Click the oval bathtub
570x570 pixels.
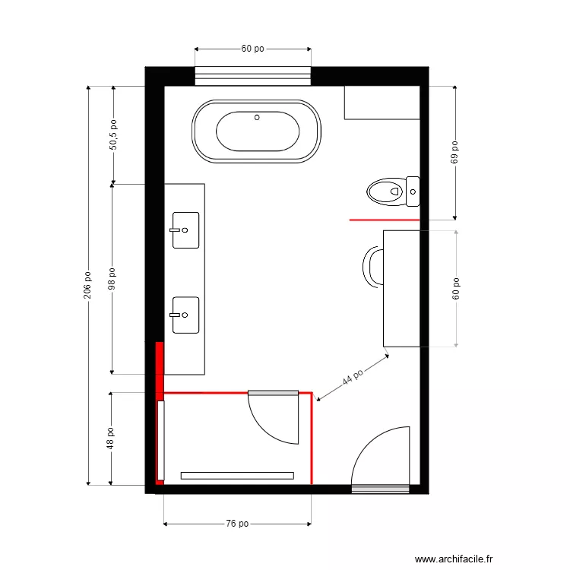[x=256, y=131]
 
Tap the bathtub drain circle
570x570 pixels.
[x=257, y=117]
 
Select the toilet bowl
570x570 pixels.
[x=385, y=192]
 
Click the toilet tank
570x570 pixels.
[x=413, y=192]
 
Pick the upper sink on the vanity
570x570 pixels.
[x=185, y=230]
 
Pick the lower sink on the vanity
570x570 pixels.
[x=185, y=315]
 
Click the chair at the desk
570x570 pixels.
[x=374, y=268]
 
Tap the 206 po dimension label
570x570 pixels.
[x=88, y=285]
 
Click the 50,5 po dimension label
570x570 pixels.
[x=113, y=135]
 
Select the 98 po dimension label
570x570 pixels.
[x=113, y=279]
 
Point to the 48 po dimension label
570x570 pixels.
[x=111, y=439]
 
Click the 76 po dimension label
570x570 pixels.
[x=237, y=524]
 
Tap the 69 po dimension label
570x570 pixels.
[x=455, y=152]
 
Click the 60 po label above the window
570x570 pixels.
[x=253, y=49]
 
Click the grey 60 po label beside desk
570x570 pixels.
[x=456, y=289]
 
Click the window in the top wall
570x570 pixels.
[x=253, y=75]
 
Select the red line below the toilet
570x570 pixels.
[x=385, y=220]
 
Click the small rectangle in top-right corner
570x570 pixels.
[x=382, y=103]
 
